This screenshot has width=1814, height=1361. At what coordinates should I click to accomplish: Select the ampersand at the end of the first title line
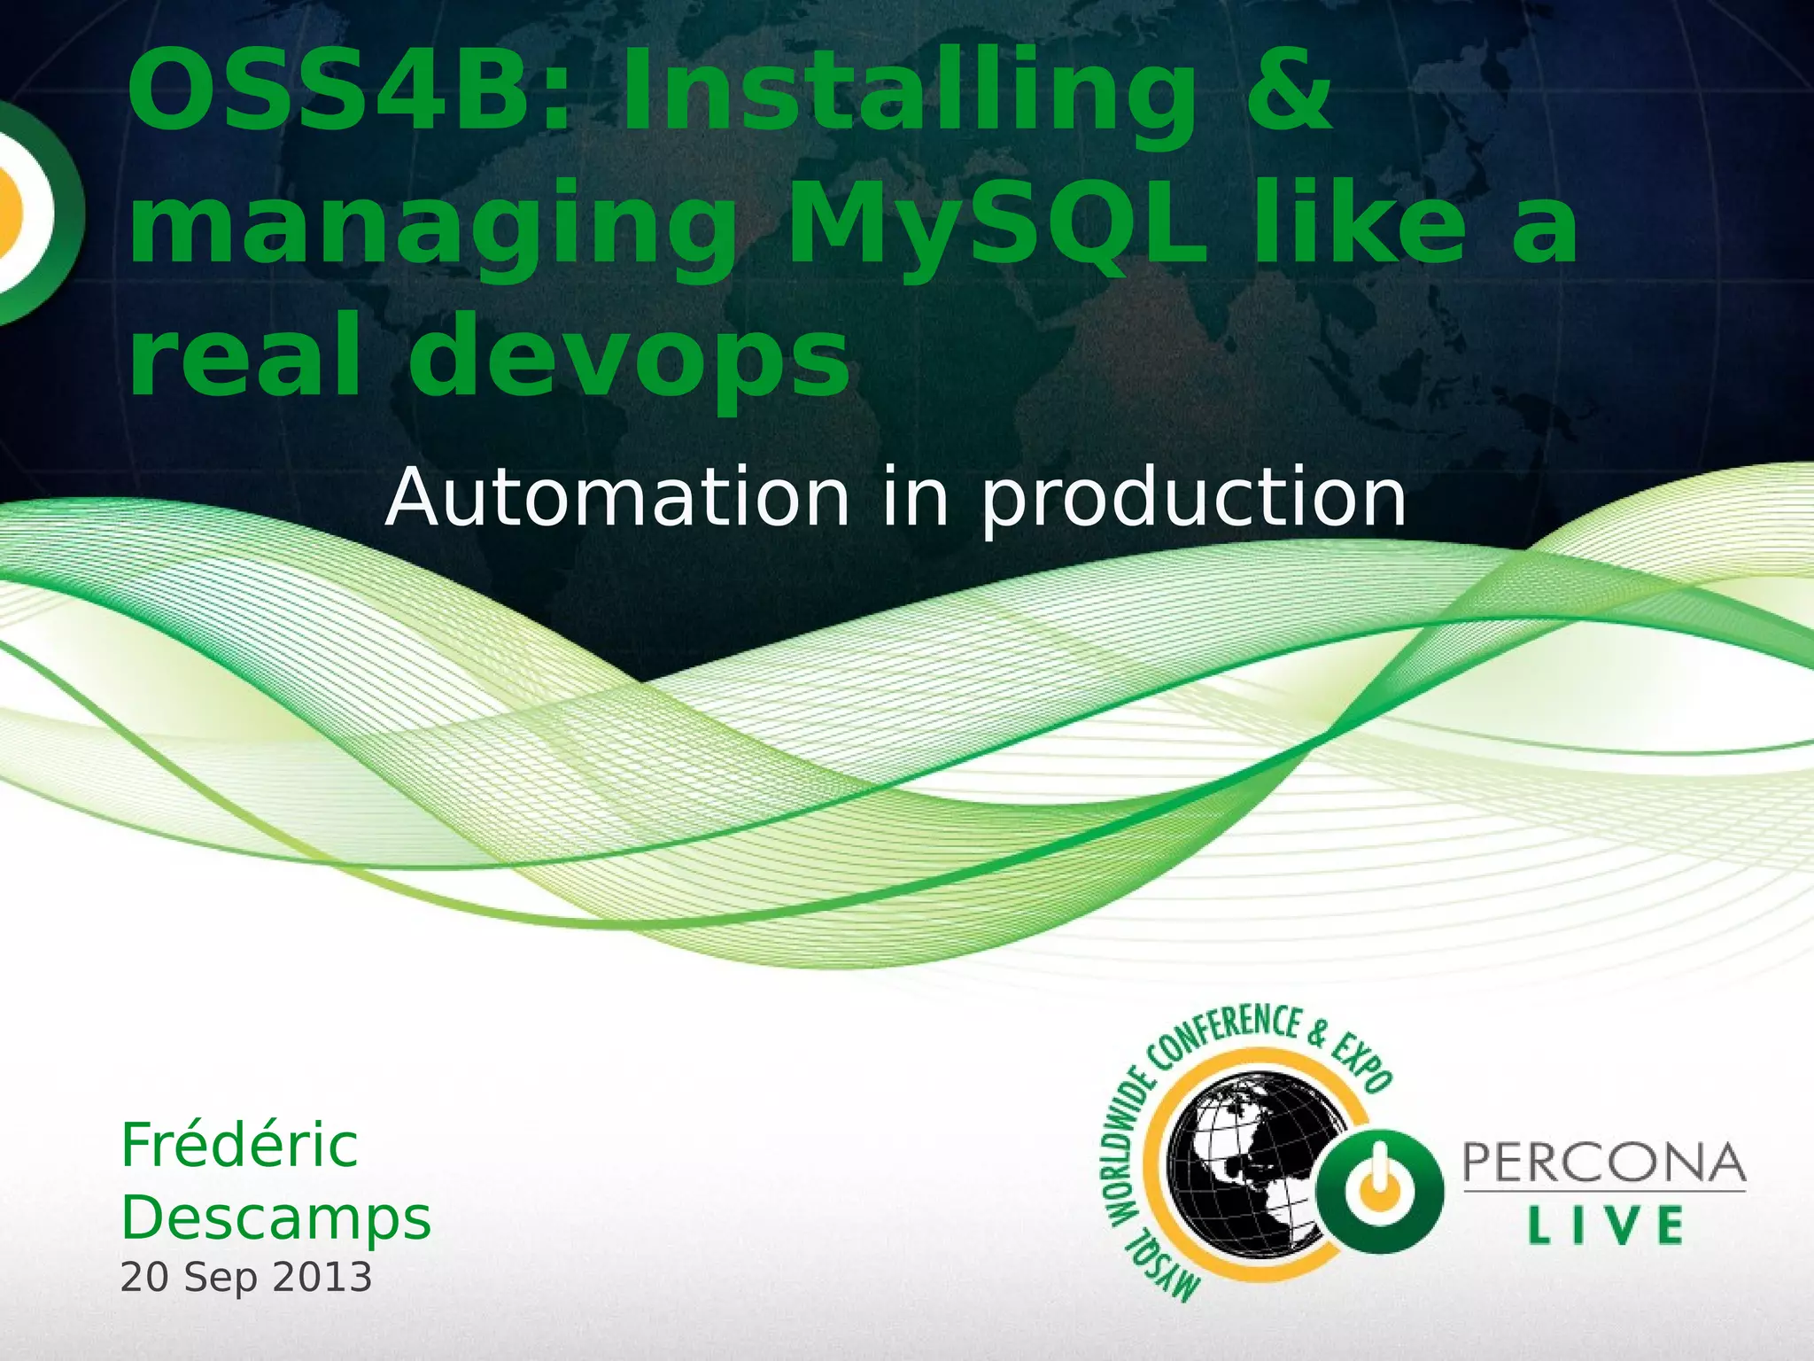tap(1288, 93)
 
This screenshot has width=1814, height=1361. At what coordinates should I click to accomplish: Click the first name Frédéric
tap(239, 1145)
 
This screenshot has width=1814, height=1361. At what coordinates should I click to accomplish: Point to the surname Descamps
tap(275, 1218)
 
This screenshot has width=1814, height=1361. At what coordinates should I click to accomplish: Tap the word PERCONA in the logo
tap(1604, 1163)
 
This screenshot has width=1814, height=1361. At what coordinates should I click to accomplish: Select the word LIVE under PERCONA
tap(1605, 1226)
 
